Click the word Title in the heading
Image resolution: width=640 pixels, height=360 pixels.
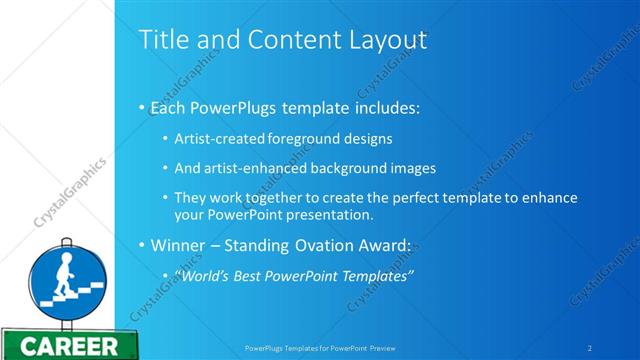tap(159, 39)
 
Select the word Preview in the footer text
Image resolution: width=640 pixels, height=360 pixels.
tap(392, 347)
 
